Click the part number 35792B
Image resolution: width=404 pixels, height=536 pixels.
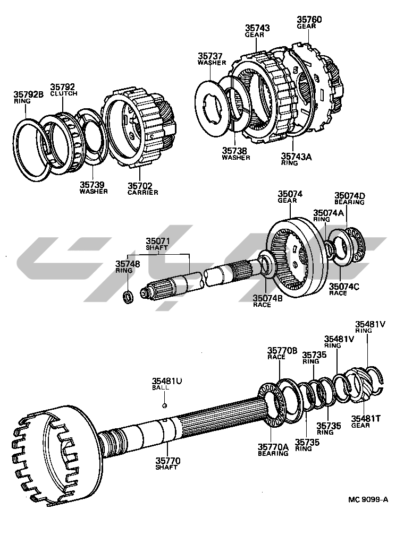pyautogui.click(x=28, y=95)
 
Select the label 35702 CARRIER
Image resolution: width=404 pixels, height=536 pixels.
pyautogui.click(x=142, y=188)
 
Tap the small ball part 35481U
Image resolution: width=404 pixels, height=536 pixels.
pyautogui.click(x=165, y=406)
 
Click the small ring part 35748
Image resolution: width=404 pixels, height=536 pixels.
pyautogui.click(x=128, y=296)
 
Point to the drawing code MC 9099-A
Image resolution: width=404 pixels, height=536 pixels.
pyautogui.click(x=368, y=499)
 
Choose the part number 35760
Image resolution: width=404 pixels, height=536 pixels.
pyautogui.click(x=308, y=20)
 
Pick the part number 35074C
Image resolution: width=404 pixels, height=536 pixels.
pyautogui.click(x=344, y=287)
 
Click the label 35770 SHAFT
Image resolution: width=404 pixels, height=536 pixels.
pyautogui.click(x=167, y=464)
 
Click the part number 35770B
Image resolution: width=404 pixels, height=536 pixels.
pyautogui.click(x=283, y=350)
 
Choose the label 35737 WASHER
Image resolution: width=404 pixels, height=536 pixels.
pyautogui.click(x=212, y=58)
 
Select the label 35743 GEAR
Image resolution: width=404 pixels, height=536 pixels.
pyautogui.click(x=257, y=30)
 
